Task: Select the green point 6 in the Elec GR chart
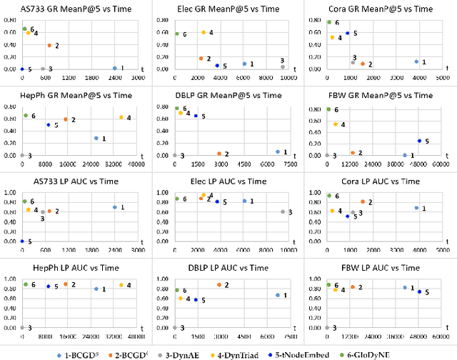177,34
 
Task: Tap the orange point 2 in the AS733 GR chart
49,46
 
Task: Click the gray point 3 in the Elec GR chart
283,67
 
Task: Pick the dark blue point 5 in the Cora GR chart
348,33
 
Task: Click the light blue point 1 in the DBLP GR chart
278,151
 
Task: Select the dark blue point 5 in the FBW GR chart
419,141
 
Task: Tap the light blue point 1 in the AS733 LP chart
114,207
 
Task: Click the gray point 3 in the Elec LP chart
283,211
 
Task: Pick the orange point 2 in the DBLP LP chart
219,285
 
